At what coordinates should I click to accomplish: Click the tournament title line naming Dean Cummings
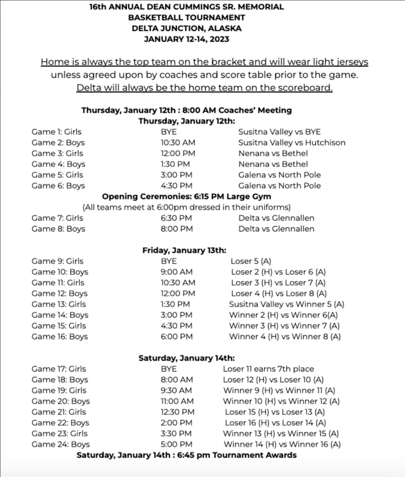186,7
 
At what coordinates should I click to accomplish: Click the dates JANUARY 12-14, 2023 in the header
186,39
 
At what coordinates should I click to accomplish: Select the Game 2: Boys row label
58,143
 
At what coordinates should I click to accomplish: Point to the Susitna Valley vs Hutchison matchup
292,143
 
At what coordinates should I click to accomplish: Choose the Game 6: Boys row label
58,185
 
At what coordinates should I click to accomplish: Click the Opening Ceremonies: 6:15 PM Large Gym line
186,197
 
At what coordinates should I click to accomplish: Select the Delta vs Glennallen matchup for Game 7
276,218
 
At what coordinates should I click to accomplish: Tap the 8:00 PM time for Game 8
177,229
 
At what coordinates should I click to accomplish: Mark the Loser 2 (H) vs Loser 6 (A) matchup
278,272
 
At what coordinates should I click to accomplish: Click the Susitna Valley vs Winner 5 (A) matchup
286,304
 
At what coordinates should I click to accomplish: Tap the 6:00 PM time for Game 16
177,336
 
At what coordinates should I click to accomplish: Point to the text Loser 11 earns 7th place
268,369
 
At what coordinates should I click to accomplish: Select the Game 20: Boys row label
61,401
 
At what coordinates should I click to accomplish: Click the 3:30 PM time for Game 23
177,434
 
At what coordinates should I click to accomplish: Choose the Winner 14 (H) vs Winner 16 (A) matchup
281,444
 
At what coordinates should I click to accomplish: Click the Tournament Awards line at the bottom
186,455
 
